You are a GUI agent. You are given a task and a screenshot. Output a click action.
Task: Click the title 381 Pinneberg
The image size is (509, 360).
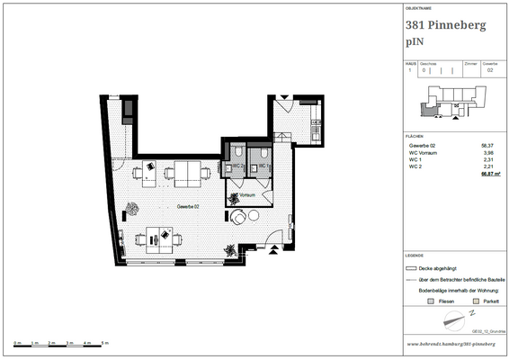(x=446, y=25)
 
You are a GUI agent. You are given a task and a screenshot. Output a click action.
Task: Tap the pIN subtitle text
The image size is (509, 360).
(x=415, y=41)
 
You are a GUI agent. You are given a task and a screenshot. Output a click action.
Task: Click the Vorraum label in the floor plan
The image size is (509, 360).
(x=248, y=194)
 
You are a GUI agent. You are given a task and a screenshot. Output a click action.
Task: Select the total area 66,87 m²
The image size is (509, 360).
(x=486, y=174)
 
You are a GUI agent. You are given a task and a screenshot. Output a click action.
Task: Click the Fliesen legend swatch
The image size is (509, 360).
(x=431, y=301)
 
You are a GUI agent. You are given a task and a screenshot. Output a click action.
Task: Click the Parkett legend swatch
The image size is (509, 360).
(x=475, y=301)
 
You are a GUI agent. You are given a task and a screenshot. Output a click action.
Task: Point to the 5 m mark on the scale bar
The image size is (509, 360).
(x=104, y=345)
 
